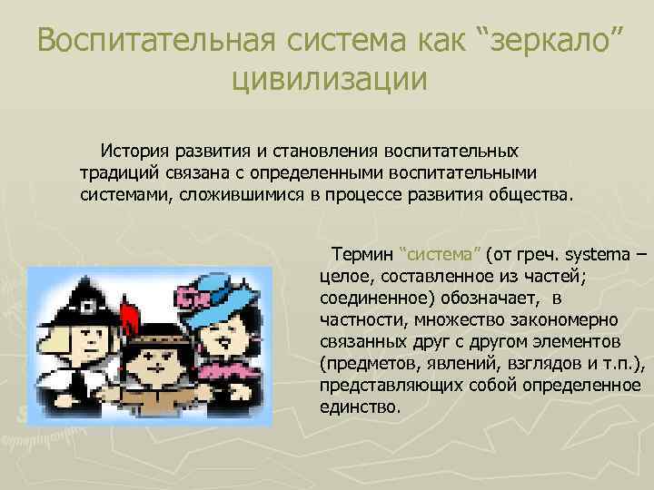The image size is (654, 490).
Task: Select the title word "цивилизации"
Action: pyautogui.click(x=328, y=79)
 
